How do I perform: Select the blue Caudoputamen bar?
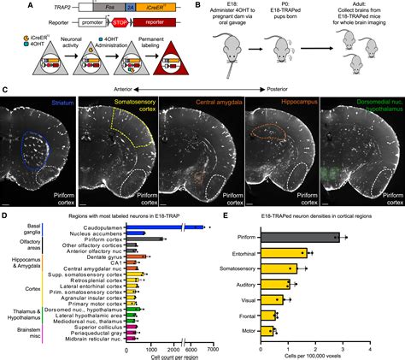(162, 227)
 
